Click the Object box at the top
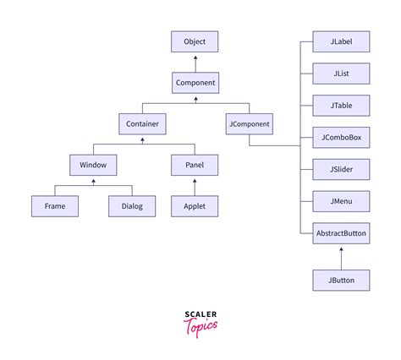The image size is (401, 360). [195, 41]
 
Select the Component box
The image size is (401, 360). [195, 83]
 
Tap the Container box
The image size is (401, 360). [142, 124]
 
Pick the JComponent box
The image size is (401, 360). [250, 124]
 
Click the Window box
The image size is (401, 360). [93, 165]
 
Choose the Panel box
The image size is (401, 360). [195, 165]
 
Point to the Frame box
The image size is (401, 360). [54, 205]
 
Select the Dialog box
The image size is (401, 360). [132, 205]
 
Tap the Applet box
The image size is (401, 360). [195, 205]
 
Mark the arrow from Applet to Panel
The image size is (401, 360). [195, 186]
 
